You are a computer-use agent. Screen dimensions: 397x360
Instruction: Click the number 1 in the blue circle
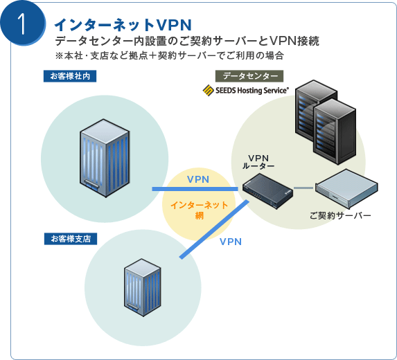[x=23, y=24]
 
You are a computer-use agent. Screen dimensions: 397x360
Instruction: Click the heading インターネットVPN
[x=123, y=25]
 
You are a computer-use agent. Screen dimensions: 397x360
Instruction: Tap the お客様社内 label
[x=70, y=76]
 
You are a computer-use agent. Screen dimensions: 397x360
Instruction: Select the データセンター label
[x=249, y=76]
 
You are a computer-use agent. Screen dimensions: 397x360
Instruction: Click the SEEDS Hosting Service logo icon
[x=208, y=91]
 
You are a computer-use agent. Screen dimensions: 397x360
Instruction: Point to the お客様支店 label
[x=71, y=239]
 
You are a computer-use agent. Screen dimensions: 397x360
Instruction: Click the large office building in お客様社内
[x=105, y=158]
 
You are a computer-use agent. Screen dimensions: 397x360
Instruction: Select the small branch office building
[x=143, y=287]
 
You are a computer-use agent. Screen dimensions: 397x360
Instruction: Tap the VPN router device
[x=268, y=191]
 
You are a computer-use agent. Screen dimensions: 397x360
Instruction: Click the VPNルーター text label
[x=258, y=162]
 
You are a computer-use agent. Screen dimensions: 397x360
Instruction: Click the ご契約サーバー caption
[x=340, y=216]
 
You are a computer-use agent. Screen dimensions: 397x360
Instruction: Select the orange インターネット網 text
[x=200, y=210]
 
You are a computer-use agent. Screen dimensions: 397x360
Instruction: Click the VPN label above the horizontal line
[x=198, y=179]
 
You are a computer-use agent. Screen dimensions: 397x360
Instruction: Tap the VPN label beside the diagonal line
[x=231, y=242]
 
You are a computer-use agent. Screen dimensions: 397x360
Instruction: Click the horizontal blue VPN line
[x=195, y=189]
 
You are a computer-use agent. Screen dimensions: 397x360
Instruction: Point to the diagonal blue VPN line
[x=215, y=229]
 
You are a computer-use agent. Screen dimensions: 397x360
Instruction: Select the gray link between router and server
[x=303, y=188]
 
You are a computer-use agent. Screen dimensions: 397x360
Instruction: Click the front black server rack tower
[x=335, y=132]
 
